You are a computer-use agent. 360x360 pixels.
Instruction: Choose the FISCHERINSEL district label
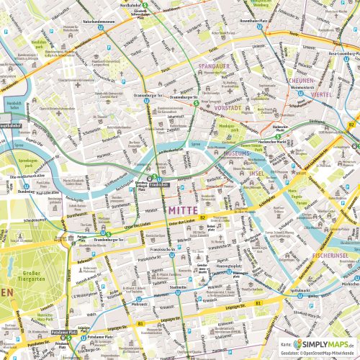tap(336, 256)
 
